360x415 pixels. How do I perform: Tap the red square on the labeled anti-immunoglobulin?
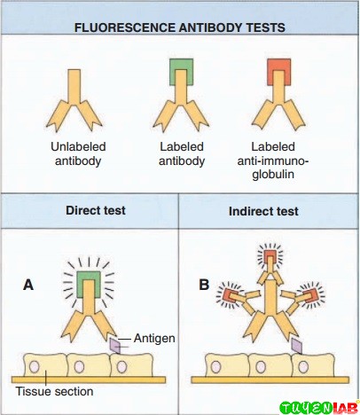click(278, 71)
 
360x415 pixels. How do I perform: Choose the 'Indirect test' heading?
click(270, 213)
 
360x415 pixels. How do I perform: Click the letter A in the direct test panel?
click(29, 286)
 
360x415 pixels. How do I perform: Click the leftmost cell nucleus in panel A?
click(35, 364)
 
